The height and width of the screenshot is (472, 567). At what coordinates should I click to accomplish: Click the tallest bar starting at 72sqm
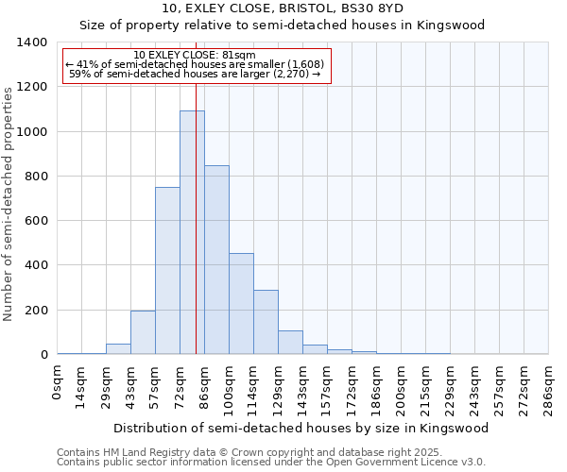(x=192, y=232)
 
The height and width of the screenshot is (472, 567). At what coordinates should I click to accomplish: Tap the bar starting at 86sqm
(x=216, y=260)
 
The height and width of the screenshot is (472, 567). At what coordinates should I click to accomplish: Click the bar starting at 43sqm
(x=143, y=332)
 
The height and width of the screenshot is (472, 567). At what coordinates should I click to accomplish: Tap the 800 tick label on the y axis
(x=35, y=177)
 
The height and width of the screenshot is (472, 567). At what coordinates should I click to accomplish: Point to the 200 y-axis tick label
(x=35, y=311)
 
